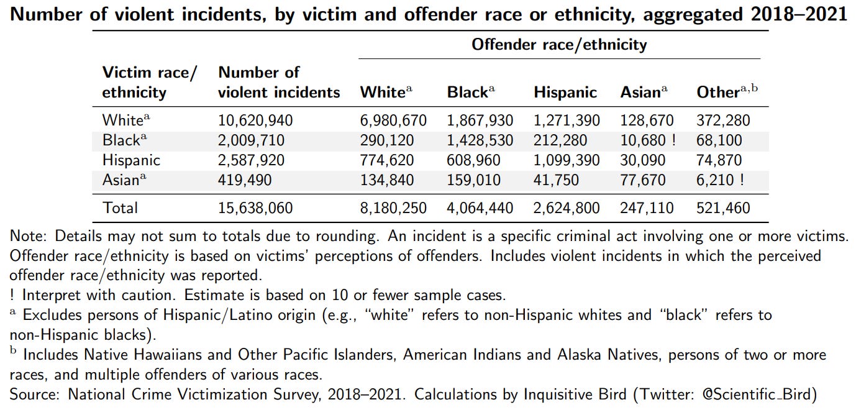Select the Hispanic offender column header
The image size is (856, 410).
(565, 93)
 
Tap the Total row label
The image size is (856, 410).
(120, 207)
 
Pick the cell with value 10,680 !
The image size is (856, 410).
(648, 140)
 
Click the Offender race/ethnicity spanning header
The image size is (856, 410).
(559, 45)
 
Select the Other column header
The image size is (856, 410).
(727, 93)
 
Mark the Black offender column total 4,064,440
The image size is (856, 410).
(480, 207)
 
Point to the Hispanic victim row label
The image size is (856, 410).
(131, 160)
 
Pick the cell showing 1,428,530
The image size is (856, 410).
(480, 140)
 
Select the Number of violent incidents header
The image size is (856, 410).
(279, 83)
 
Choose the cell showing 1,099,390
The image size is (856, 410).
(566, 160)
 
